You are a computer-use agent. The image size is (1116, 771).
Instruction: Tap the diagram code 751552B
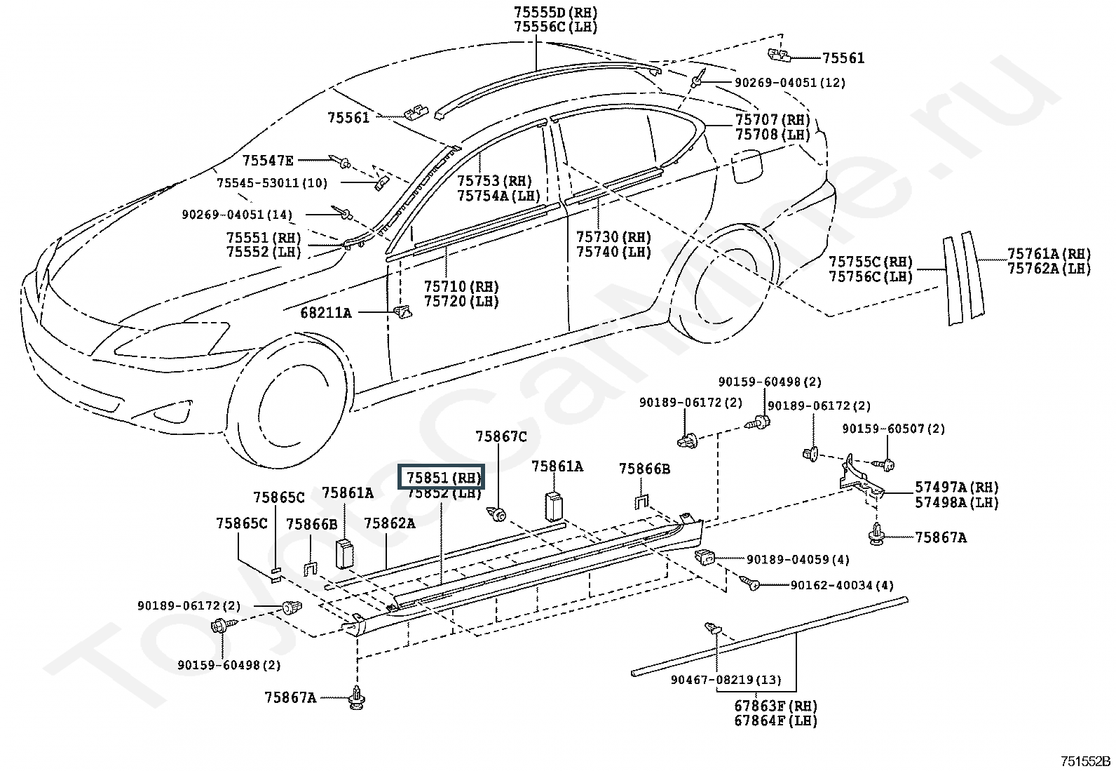click(1085, 760)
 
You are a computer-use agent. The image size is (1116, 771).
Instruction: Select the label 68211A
click(326, 313)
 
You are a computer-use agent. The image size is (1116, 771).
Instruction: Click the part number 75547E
click(268, 161)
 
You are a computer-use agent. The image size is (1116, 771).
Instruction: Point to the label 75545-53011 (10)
click(272, 183)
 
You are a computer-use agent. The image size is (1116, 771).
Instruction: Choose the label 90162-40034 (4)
click(842, 585)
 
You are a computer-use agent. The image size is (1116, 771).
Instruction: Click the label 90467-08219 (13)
click(726, 680)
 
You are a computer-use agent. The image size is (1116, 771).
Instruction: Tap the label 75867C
click(501, 437)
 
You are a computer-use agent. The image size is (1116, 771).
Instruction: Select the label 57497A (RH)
click(957, 488)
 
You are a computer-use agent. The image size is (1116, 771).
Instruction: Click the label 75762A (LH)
click(1049, 269)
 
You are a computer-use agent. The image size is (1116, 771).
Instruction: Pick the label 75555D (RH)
click(556, 13)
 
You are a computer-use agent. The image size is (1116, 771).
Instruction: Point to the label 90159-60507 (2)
click(894, 429)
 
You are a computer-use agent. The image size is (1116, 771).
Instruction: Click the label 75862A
click(390, 523)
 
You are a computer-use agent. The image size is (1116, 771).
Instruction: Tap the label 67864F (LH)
click(776, 720)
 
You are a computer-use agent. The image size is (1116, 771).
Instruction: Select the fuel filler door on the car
click(747, 166)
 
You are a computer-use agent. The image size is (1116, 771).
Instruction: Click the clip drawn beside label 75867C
click(497, 513)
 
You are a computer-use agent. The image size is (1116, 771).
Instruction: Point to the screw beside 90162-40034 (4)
click(749, 582)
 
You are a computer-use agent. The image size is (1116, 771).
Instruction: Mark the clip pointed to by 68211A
click(403, 311)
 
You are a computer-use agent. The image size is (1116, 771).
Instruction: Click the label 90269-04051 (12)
click(790, 83)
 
